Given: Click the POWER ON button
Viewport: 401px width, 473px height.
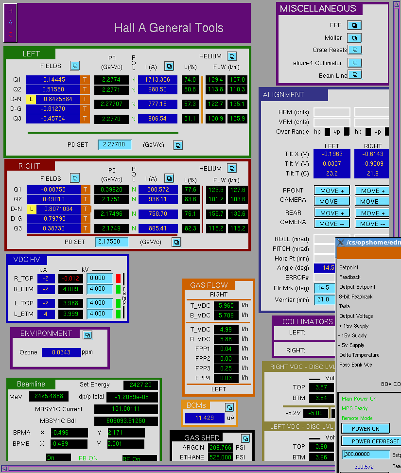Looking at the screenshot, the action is pyautogui.click(x=366, y=428).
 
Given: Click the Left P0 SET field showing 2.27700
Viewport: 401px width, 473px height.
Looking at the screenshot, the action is pyautogui.click(x=114, y=144).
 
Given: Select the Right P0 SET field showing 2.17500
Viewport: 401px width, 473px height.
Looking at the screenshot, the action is pyautogui.click(x=111, y=242).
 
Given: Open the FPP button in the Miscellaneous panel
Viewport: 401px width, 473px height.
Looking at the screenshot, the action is pyautogui.click(x=354, y=25).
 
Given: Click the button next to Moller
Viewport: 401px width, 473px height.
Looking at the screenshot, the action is pyautogui.click(x=354, y=38).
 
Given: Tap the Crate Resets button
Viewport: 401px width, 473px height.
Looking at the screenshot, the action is pyautogui.click(x=354, y=50).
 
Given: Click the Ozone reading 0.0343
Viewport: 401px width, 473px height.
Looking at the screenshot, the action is pyautogui.click(x=61, y=352).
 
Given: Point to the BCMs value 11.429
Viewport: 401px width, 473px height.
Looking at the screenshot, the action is pyautogui.click(x=205, y=418).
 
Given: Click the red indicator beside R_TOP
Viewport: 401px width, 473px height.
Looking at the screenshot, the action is pyautogui.click(x=118, y=278).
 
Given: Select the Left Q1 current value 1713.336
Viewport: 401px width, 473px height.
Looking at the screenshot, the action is pyautogui.click(x=157, y=80).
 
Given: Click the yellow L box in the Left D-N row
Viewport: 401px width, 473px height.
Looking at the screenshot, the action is pyautogui.click(x=31, y=99).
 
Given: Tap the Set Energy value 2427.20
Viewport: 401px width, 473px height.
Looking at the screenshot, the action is pyautogui.click(x=140, y=385).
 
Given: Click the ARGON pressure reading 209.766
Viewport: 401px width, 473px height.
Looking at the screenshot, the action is pyautogui.click(x=220, y=447).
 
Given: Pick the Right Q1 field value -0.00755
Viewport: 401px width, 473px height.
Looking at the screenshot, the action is pyautogui.click(x=53, y=190).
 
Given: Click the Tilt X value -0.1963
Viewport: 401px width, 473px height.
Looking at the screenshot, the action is pyautogui.click(x=332, y=154).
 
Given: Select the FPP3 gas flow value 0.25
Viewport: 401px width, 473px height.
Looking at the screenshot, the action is pyautogui.click(x=226, y=368).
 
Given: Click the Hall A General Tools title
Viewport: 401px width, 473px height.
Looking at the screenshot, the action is pyautogui.click(x=169, y=28).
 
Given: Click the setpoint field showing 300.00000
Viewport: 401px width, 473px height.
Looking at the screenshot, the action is pyautogui.click(x=366, y=454).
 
